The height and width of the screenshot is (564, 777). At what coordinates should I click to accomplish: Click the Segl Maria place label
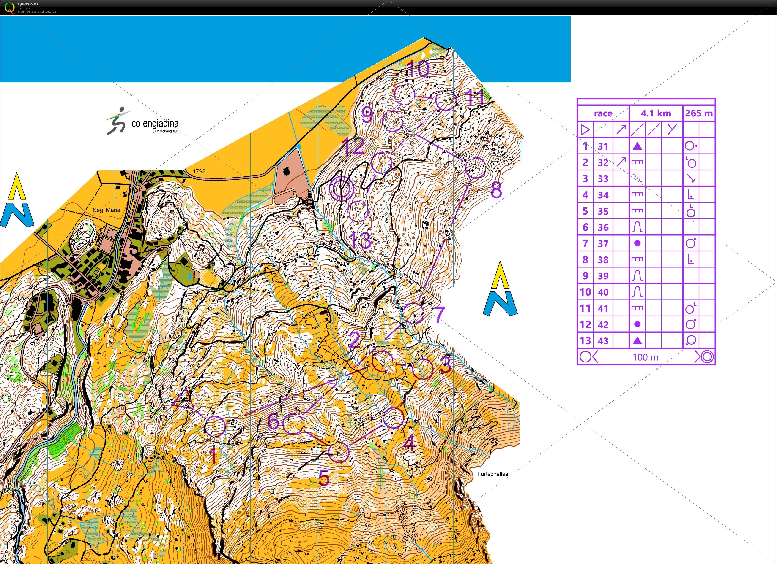[107, 210]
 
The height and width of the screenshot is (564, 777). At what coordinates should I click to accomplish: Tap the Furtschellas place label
[492, 474]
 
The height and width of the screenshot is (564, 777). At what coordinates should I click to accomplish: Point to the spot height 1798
[199, 171]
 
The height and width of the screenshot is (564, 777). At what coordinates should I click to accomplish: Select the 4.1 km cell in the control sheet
[656, 113]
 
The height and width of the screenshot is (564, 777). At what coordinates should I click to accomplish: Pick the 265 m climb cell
[699, 113]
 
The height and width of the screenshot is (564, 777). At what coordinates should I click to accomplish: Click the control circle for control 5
[339, 452]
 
